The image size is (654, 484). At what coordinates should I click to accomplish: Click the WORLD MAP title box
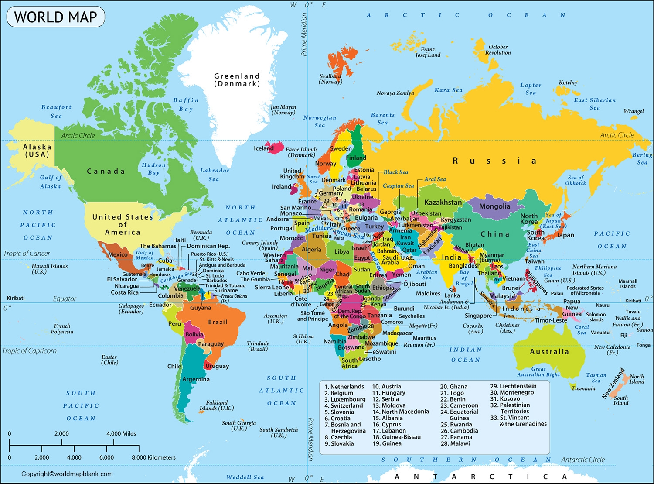coord(55,17)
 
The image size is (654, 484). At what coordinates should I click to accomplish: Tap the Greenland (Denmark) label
coord(237,80)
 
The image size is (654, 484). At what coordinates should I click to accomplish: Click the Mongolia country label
coord(494,206)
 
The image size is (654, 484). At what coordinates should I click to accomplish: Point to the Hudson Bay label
coord(153,169)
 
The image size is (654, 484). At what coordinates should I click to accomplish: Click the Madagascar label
coord(397,333)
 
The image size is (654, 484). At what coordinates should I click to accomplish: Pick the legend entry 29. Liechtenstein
coord(513,386)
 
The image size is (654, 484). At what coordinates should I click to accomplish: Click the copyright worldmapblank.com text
coord(67,474)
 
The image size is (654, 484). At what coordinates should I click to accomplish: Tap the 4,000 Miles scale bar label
coord(121,434)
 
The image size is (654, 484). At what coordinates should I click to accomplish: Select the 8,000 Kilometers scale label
coord(153,457)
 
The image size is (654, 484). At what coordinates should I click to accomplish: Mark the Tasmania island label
coord(583,388)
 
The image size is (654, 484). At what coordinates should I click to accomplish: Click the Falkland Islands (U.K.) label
coord(217,405)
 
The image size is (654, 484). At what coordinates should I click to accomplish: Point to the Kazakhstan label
coord(443,203)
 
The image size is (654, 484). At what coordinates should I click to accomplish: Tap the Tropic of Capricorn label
coord(29,351)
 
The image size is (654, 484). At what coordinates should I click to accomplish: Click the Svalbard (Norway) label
coord(330,79)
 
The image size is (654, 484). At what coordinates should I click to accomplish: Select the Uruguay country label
coord(217,366)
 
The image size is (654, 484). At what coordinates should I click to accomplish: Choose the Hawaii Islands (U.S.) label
coord(49,269)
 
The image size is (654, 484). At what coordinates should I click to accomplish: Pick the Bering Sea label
coord(642,159)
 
